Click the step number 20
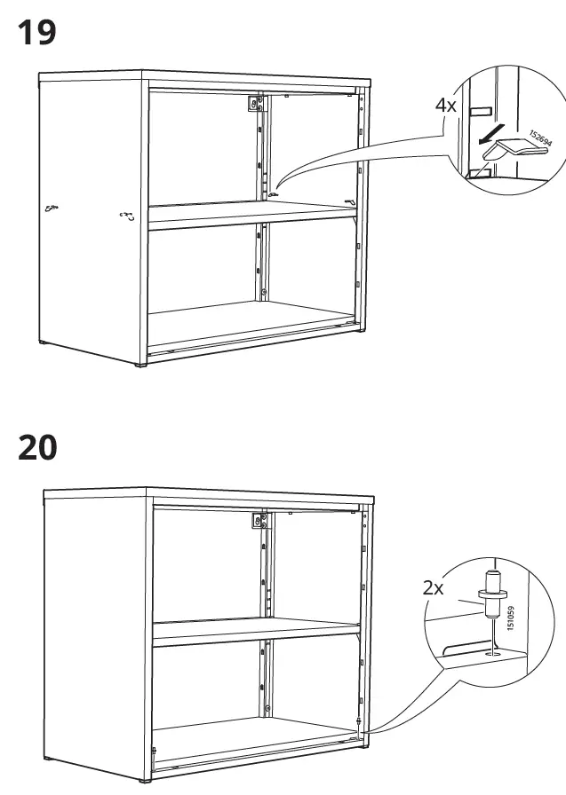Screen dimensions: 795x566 (x=37, y=447)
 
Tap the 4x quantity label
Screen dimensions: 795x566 (x=445, y=105)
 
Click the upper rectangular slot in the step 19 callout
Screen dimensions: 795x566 (x=479, y=111)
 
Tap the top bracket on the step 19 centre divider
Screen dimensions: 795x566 (x=256, y=105)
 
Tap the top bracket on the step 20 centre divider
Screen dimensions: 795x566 (x=260, y=521)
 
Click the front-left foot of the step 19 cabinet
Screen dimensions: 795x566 (x=140, y=365)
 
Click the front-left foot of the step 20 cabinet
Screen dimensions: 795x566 (x=145, y=782)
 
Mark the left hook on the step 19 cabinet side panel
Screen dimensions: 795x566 (x=52, y=209)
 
